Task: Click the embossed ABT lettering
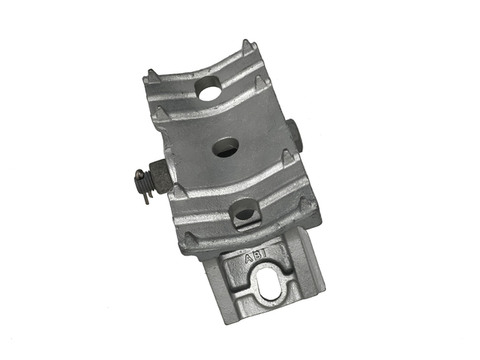click(x=256, y=257)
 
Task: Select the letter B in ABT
click(x=256, y=257)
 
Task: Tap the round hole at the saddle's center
click(x=226, y=147)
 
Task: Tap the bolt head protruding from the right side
click(x=296, y=133)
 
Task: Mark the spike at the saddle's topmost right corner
click(x=244, y=46)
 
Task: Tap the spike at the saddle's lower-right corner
click(x=304, y=204)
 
